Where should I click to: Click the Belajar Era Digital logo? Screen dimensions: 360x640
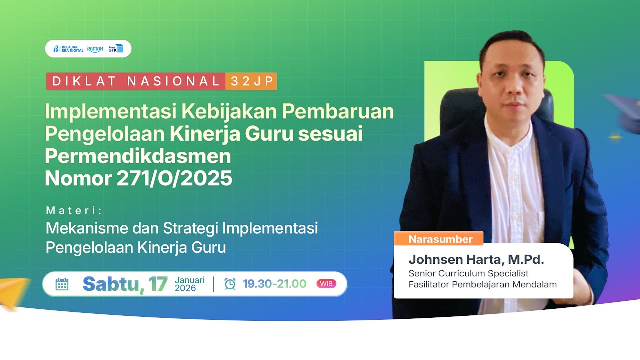[68, 49]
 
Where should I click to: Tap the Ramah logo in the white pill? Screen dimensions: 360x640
[95, 49]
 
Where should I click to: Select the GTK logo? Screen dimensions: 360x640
[116, 49]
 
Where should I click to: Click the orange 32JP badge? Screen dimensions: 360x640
[251, 81]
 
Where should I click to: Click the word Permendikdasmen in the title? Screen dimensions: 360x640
[138, 156]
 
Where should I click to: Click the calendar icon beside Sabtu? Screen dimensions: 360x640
[62, 284]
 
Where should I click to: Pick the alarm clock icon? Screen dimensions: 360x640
[230, 284]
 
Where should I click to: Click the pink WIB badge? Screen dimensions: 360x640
[326, 284]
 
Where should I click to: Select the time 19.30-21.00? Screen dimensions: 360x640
[274, 284]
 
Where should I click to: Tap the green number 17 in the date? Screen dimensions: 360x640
[158, 284]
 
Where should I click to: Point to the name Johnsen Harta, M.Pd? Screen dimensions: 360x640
[476, 259]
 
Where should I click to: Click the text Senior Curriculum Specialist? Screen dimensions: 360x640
[468, 274]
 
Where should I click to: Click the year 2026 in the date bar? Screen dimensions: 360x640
[185, 288]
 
